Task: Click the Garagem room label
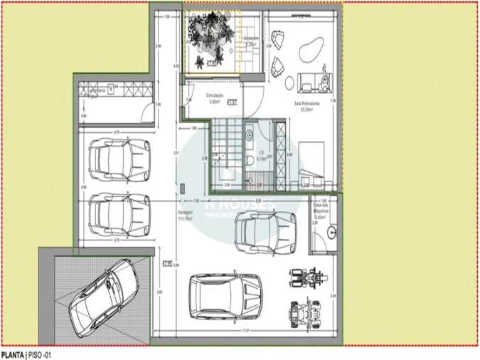[186, 217]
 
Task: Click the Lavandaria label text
[92, 90]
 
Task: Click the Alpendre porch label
[250, 41]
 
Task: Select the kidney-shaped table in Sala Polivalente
[309, 51]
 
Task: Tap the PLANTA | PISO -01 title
[26, 354]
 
